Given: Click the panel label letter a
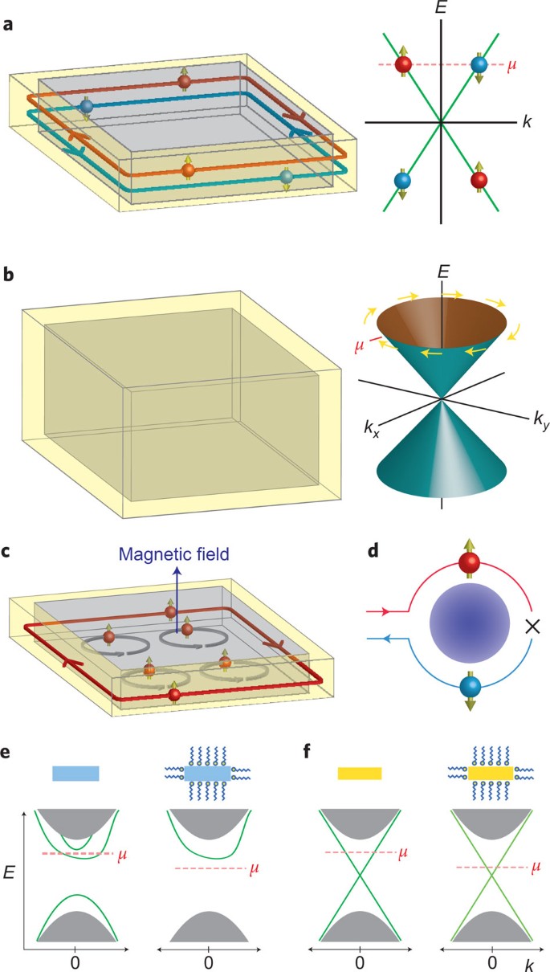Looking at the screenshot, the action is (x=7, y=25).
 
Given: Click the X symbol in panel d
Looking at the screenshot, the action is (x=531, y=627).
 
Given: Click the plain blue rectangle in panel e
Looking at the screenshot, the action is (x=75, y=773).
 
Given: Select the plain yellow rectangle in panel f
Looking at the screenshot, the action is (x=359, y=773).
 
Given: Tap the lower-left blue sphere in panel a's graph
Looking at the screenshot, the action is (x=402, y=181).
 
